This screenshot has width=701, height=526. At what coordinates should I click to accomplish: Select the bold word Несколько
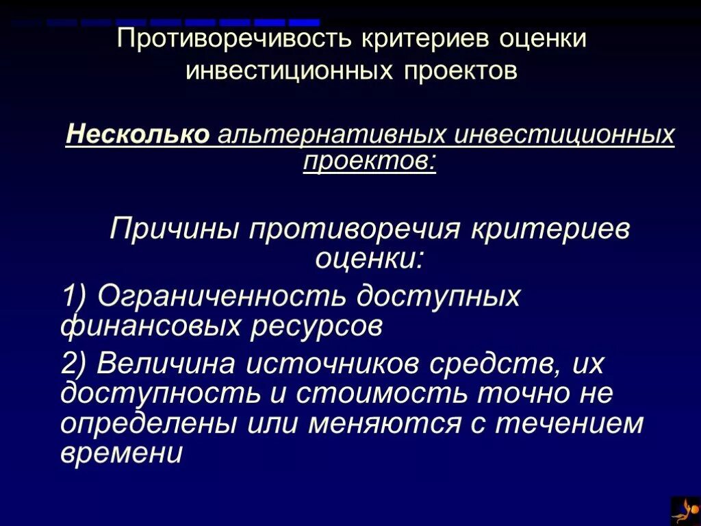coord(138,134)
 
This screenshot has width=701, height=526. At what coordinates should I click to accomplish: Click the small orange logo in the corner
coord(685,511)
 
